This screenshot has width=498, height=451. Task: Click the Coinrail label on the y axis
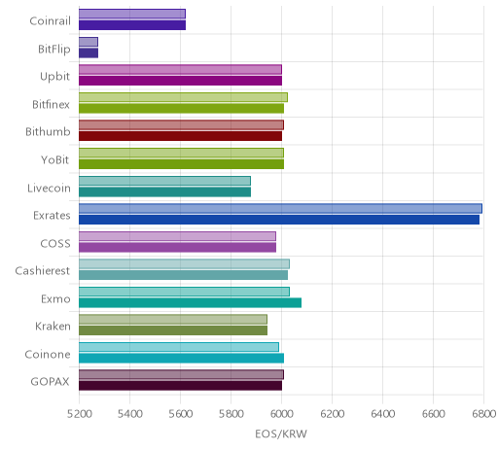50,21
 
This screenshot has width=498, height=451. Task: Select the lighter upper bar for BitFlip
89,42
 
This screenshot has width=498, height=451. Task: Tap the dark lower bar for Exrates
279,220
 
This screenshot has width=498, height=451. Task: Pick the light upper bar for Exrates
280,208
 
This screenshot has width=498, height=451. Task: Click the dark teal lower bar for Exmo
190,303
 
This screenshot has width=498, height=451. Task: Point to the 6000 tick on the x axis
281,414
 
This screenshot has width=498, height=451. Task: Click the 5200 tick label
79,414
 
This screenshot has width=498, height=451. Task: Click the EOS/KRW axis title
281,434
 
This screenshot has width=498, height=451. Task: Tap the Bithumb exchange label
48,132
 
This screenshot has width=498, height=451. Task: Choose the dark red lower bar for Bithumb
180,136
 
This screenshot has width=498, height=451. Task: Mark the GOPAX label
50,382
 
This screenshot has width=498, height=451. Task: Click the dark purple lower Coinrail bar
132,25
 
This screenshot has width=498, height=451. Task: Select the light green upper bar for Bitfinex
183,97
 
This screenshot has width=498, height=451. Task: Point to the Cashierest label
43,271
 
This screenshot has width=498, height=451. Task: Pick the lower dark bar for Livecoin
164,191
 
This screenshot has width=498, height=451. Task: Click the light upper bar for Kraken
173,320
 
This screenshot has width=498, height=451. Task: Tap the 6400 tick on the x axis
382,414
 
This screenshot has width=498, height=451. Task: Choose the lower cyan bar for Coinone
181,359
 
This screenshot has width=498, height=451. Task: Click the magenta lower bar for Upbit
180,81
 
